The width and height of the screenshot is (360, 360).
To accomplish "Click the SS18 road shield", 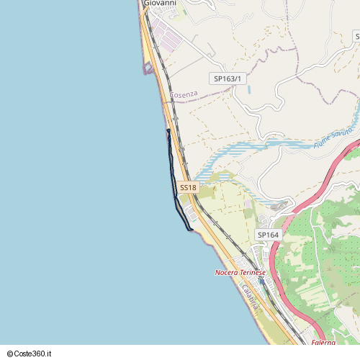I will click(188, 187).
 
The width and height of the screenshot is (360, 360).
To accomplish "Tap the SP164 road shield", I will click(268, 235).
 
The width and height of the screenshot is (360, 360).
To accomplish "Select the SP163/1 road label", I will click(228, 78).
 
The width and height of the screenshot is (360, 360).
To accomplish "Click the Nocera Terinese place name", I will click(240, 273).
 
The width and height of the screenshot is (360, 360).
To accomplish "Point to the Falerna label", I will click(323, 343).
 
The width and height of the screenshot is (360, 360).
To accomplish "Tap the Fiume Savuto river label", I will click(333, 138).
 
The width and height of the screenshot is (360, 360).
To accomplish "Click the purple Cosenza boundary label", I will click(183, 95).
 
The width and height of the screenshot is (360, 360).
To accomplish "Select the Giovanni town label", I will click(160, 3).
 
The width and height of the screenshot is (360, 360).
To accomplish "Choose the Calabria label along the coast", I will click(250, 297).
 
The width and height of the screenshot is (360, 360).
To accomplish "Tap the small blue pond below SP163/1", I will click(248, 91).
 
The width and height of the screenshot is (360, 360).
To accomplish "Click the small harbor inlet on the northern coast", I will click(148, 68).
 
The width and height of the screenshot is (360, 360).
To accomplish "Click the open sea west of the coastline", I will click(72, 180).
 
